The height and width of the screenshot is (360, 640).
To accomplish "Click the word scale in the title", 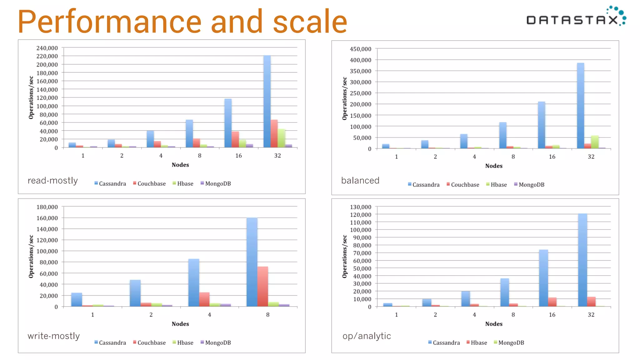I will coord(310,22).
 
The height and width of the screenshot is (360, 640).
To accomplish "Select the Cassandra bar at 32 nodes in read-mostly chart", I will coord(267,102).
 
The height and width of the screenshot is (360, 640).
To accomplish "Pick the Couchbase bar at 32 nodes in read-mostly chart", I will coord(274,133).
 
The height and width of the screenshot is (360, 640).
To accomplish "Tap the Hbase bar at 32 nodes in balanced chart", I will coord(594,142).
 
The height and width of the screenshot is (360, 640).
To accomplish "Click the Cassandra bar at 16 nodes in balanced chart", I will coord(541,125).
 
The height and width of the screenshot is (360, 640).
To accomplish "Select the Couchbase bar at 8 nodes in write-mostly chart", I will coord(262,286).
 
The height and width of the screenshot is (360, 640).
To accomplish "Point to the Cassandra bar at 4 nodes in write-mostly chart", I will coord(193,282).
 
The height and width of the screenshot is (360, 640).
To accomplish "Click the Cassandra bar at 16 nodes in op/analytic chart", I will coord(543,278).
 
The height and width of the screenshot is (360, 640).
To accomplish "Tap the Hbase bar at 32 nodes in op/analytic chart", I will coord(591,302).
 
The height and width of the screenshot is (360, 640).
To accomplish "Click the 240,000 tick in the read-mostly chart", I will coord(47,48).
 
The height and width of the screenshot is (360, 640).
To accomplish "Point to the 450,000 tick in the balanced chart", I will coord(360,49).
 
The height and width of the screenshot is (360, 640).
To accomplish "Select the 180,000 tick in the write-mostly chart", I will coord(47,207).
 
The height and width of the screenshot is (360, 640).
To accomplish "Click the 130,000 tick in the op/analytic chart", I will coord(360,207).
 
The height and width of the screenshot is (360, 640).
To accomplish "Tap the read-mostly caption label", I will coord(52,181).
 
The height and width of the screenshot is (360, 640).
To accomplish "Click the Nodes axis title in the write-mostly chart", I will coord(180,324).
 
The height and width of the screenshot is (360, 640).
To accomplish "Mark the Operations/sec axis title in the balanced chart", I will coord(344,98).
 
